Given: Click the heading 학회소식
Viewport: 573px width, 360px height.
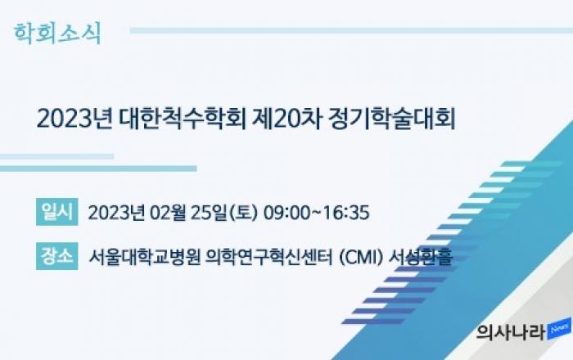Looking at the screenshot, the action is pos(57,34).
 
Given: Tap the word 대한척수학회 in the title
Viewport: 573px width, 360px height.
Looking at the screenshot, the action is pos(183,119).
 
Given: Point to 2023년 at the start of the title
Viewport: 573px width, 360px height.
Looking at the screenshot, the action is pos(74,119).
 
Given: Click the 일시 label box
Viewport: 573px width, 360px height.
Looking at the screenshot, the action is pos(57,212).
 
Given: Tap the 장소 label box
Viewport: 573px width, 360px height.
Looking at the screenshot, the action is pos(57,256).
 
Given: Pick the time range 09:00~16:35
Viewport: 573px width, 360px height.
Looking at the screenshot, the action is pos(317,213).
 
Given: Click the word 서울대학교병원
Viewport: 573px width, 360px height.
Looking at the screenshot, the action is pos(145,257).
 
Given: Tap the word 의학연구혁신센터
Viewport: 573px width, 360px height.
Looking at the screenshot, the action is pos(269,257).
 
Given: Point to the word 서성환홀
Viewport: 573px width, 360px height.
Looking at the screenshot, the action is pos(421,257).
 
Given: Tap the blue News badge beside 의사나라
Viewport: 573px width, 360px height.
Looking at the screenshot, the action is pos(559,329).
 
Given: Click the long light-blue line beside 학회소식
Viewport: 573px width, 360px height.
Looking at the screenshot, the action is pos(351,30).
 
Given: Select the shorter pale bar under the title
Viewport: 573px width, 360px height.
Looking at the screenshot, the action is pos(56,156).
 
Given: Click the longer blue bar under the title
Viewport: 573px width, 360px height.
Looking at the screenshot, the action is pos(98,169).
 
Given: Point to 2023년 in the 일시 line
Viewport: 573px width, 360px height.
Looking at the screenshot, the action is pos(116,213).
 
